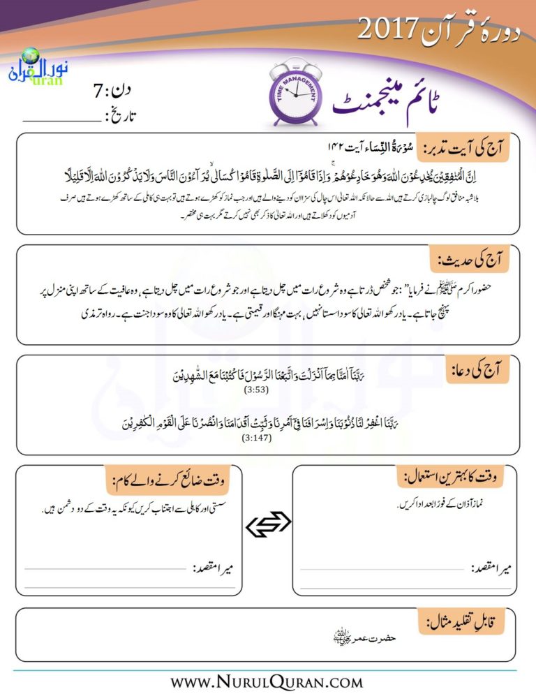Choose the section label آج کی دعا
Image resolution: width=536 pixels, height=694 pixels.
coord(478,370)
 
